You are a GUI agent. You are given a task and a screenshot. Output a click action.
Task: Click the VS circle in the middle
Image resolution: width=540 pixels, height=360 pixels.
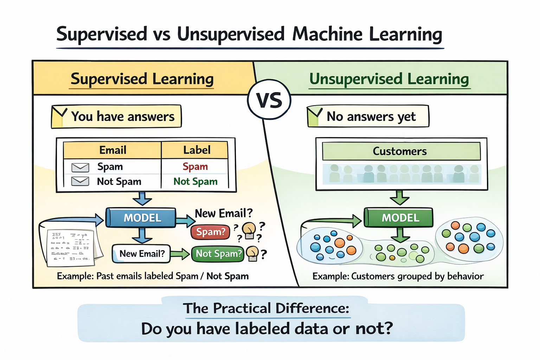(269, 100)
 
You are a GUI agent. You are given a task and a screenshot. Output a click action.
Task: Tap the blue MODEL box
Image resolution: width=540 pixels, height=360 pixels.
(142, 218)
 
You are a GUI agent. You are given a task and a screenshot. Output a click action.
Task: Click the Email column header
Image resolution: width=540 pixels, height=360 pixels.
(112, 150)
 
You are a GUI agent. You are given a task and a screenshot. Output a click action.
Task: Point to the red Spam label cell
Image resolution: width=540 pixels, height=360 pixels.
(195, 166)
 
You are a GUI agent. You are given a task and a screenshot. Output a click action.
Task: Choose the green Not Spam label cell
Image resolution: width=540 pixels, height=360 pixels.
(195, 181)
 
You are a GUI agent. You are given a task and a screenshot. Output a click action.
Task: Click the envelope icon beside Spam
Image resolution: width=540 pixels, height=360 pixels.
(80, 167)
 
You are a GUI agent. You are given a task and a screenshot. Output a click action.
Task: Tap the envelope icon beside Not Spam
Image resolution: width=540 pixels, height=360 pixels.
(80, 181)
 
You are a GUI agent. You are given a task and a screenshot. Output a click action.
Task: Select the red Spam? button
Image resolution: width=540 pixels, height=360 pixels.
(210, 232)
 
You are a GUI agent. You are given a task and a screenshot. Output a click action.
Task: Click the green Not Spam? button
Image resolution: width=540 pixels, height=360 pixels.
(218, 253)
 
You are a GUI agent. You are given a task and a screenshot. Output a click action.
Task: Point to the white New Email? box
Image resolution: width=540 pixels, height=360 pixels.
(141, 254)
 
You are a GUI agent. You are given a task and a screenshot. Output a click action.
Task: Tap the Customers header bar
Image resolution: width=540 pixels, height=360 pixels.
(401, 151)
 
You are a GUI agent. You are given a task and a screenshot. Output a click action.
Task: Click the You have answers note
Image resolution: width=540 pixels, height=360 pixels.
(117, 116)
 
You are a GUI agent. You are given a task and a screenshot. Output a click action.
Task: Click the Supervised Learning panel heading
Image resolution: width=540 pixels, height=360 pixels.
(142, 79)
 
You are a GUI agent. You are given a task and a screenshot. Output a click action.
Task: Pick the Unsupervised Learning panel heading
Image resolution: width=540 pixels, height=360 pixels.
(389, 79)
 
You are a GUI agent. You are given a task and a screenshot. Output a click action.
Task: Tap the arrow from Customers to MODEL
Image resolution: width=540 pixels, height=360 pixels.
(400, 198)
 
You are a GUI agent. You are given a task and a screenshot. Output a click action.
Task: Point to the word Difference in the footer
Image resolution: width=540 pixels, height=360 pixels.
(312, 308)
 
